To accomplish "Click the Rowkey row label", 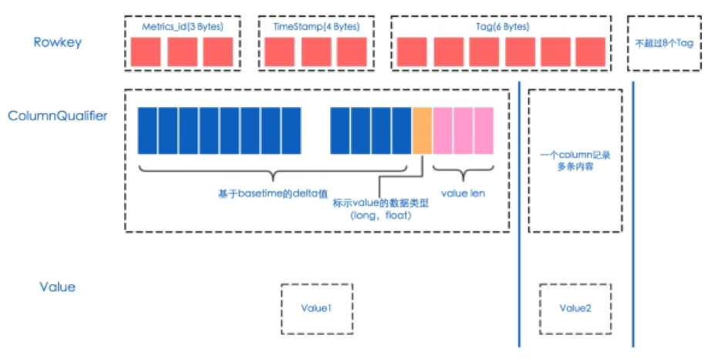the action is point(57,42).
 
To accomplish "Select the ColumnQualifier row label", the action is point(57,116).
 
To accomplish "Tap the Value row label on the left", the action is point(57,287).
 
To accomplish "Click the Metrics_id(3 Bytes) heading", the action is point(182,27).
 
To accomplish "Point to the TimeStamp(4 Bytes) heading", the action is point(316,27).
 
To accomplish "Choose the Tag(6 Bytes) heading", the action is point(503,27).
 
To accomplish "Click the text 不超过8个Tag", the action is point(664,43).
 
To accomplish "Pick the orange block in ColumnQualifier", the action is point(422,131).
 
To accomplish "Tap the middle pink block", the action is point(464,131).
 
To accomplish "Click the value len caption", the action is point(463,193).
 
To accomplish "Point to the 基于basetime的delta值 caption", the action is point(273,193).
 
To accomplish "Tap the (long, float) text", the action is point(381,215).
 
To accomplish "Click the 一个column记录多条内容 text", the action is point(575,161).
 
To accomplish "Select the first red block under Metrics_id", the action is point(146,52).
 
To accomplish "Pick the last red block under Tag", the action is point(591,52).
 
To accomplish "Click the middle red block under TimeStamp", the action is point(316,52).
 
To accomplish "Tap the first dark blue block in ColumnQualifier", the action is point(147,131).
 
